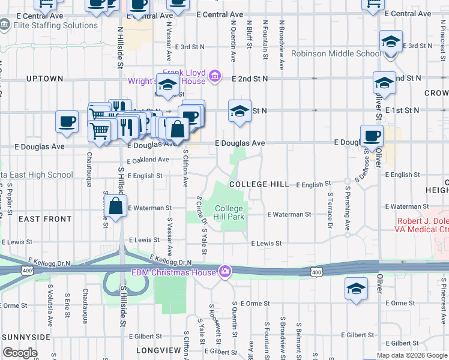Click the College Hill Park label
pyautogui.click(x=230, y=212)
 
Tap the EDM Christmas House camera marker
pyautogui.click(x=225, y=272)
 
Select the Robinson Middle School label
pyautogui.click(x=336, y=54)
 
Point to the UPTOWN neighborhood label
pyautogui.click(x=44, y=79)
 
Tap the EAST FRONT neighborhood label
pyautogui.click(x=45, y=219)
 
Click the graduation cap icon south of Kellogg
pyautogui.click(x=357, y=289)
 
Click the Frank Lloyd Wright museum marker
pyautogui.click(x=215, y=77)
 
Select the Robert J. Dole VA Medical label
pyautogui.click(x=421, y=225)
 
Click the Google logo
pyautogui.click(x=20, y=353)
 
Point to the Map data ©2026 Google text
pyautogui.click(x=412, y=355)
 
